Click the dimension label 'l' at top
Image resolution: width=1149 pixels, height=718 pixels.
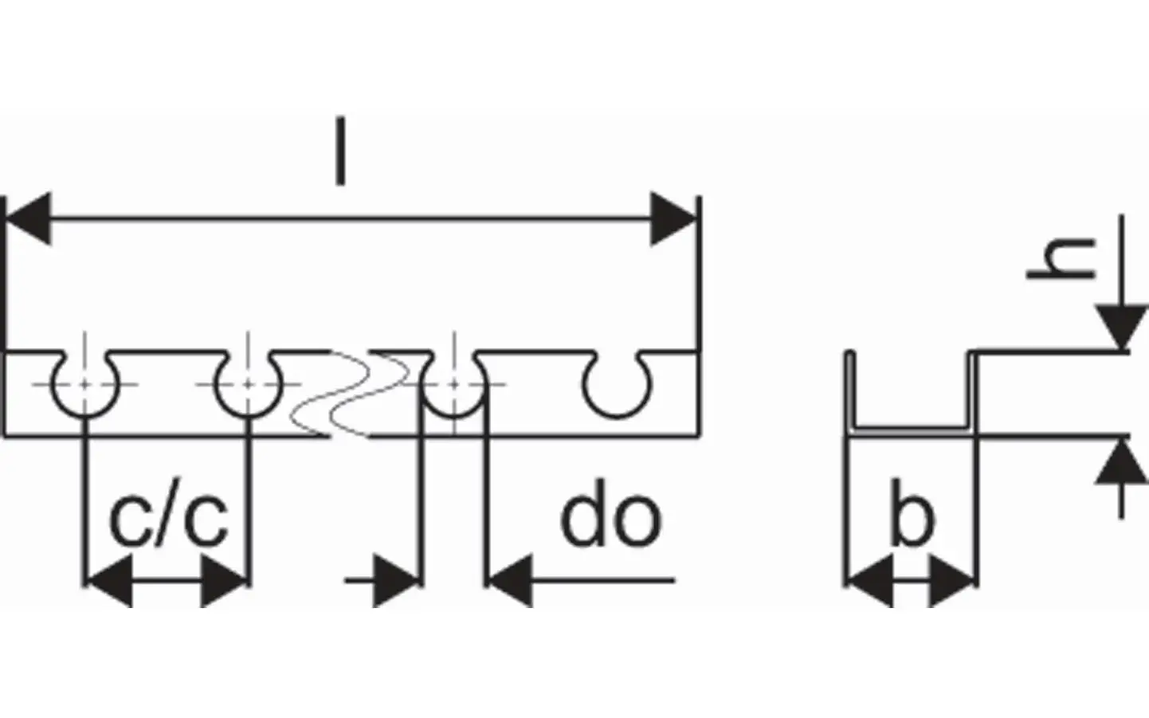[339, 151]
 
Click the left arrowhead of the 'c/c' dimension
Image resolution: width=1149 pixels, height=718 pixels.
[109, 581]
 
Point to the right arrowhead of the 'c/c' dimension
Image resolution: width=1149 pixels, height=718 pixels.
[224, 581]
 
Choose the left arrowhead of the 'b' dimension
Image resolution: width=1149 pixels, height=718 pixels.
[869, 581]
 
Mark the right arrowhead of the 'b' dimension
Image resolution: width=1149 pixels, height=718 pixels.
[952, 581]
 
